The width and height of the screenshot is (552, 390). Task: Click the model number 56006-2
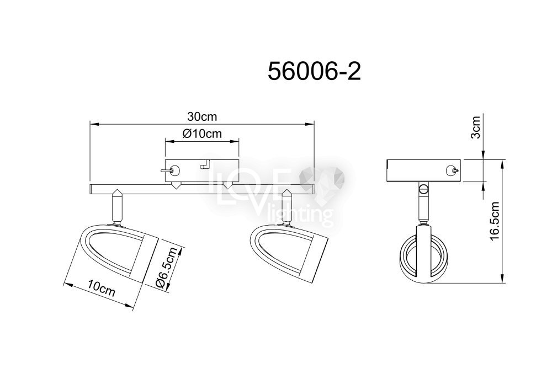[315, 72]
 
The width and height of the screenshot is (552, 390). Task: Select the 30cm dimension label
[202, 116]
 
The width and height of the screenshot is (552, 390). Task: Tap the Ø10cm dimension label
[202, 133]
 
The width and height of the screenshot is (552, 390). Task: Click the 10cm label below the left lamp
[102, 288]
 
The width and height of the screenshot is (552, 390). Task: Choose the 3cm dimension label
[475, 127]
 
